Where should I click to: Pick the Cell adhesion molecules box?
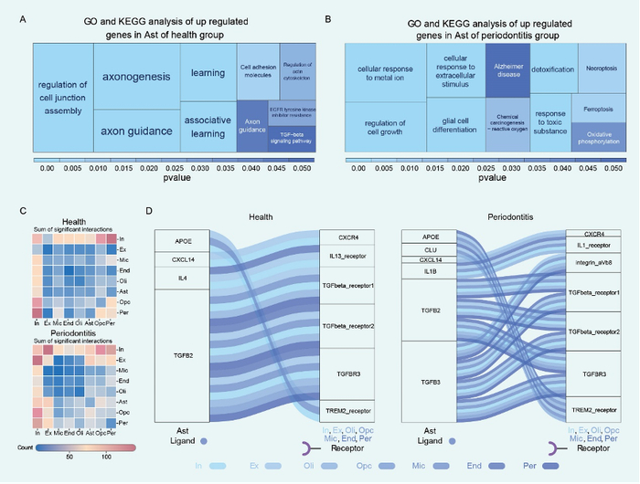258,70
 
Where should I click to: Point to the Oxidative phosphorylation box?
598,137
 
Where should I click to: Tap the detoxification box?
551,69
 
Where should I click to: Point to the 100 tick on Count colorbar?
107,454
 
